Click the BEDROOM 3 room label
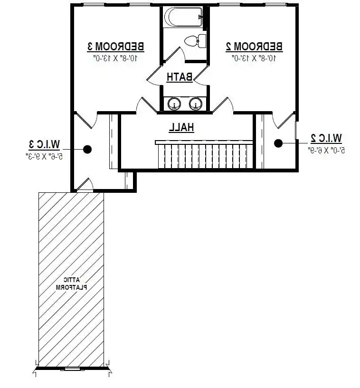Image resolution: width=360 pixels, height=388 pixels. coord(115,46)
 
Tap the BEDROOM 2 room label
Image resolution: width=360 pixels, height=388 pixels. coord(254,46)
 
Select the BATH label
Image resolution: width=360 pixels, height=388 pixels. coord(180,77)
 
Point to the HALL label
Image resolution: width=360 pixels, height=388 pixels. coord(181,127)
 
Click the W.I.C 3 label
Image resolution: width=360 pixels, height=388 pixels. coord(45,144)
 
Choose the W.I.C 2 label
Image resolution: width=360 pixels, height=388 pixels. coord(326,138)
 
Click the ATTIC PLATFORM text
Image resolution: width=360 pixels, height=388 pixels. coord(72,284)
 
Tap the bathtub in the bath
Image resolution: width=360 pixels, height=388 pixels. coord(184,17)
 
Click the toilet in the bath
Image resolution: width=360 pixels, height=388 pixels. coord(196,41)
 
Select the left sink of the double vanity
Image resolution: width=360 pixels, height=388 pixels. coord(174,104)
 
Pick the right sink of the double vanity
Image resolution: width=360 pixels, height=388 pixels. coord(196,104)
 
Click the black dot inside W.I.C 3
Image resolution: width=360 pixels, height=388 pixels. coord(87,149)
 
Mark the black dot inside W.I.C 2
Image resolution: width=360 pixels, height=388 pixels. coord(278,143)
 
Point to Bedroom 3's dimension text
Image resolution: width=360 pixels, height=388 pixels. coord(115,58)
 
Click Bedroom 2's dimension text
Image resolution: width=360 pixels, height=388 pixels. coord(254,58)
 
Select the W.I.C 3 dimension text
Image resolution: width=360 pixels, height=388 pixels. coord(45,156)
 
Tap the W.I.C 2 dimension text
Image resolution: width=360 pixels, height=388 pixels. coord(326,150)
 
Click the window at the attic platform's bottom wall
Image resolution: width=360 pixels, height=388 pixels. coord(72,369)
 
